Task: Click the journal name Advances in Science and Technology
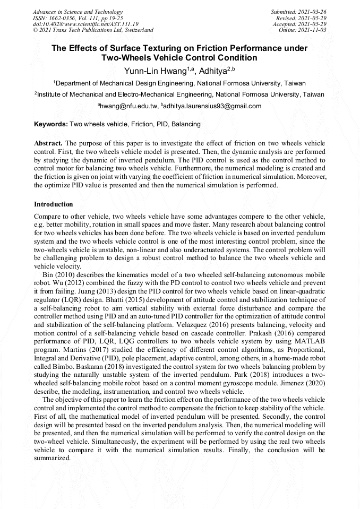coord(78,12)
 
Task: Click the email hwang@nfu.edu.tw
coord(129,106)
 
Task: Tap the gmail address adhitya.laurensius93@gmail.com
coord(212,106)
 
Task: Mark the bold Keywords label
coord(51,124)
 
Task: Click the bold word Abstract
coord(48,144)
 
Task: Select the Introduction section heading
coord(54,204)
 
